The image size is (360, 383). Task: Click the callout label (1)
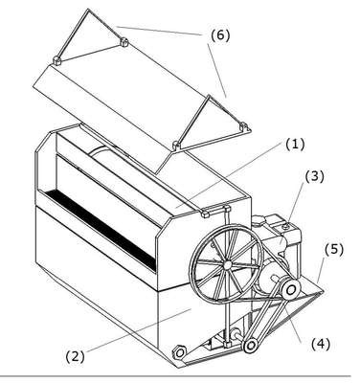coord(295,145)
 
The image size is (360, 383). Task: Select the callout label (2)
coord(76,356)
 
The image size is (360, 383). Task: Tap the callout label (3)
coord(314,177)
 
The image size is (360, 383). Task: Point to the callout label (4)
coord(320,344)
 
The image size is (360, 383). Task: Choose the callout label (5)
coord(334,250)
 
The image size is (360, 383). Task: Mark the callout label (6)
coord(220,35)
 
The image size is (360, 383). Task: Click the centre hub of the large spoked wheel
coord(227,264)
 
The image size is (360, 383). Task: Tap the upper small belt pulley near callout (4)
coord(291,290)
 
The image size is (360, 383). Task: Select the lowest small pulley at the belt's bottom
coord(251,345)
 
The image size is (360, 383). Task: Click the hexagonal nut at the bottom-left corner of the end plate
coord(180,352)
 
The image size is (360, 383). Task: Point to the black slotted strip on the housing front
coord(101,230)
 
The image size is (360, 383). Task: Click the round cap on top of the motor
coord(286,226)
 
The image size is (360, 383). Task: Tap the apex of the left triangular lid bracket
coord(88,10)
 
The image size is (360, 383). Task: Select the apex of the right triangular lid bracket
coord(209,96)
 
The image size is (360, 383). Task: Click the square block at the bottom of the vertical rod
coord(227,345)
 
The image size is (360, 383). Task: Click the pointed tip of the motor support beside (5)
coord(323,291)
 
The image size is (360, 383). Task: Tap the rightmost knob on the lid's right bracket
coord(244,126)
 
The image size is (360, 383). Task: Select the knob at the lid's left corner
coord(56,60)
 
